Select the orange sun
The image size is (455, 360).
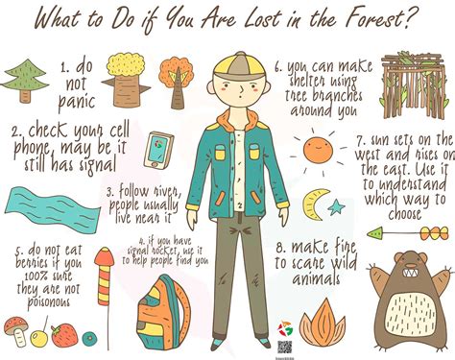click(316, 149)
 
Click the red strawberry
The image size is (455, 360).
click(65, 335)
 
